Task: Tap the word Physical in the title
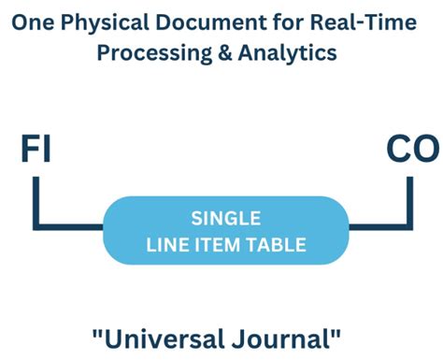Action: point(95,22)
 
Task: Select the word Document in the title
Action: point(187,22)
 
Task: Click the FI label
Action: point(36,150)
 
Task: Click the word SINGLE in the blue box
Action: point(222,219)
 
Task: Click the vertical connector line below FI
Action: point(36,201)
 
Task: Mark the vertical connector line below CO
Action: point(409,201)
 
